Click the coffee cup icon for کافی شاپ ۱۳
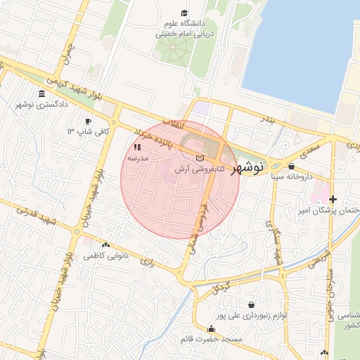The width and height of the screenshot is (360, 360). (x=88, y=121)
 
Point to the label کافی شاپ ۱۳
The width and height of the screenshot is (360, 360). (x=81, y=131)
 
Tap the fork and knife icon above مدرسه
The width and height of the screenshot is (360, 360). (x=137, y=148)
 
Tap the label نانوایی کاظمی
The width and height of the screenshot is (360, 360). (x=104, y=256)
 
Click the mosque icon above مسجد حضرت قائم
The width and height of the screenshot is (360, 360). (x=211, y=328)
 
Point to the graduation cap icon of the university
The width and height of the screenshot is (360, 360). (x=184, y=13)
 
